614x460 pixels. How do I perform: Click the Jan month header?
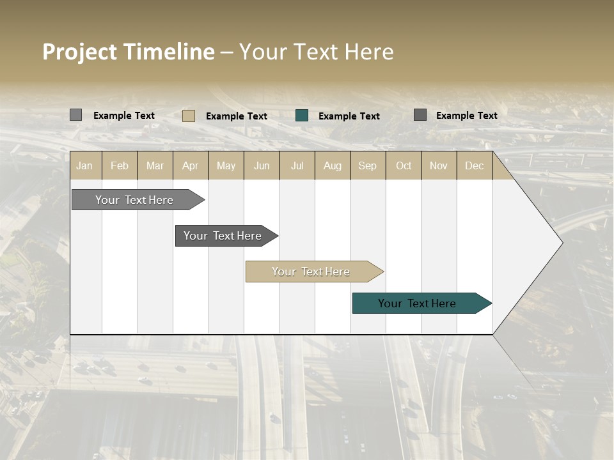click(x=84, y=165)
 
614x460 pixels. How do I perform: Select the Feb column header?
click(x=120, y=165)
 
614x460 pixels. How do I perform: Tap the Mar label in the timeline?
click(x=155, y=165)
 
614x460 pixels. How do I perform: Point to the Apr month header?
click(x=191, y=165)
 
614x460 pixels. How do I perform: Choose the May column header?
click(x=226, y=165)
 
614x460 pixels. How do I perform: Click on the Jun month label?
click(x=262, y=165)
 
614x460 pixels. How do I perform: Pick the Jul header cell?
click(x=297, y=165)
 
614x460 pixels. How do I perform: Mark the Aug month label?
click(x=333, y=165)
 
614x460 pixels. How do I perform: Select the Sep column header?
click(x=368, y=165)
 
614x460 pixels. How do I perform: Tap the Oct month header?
click(x=404, y=165)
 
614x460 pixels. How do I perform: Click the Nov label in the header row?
click(x=439, y=165)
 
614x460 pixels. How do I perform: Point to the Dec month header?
click(x=475, y=165)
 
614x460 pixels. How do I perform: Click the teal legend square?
click(x=302, y=116)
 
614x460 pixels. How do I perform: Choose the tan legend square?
click(x=189, y=116)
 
